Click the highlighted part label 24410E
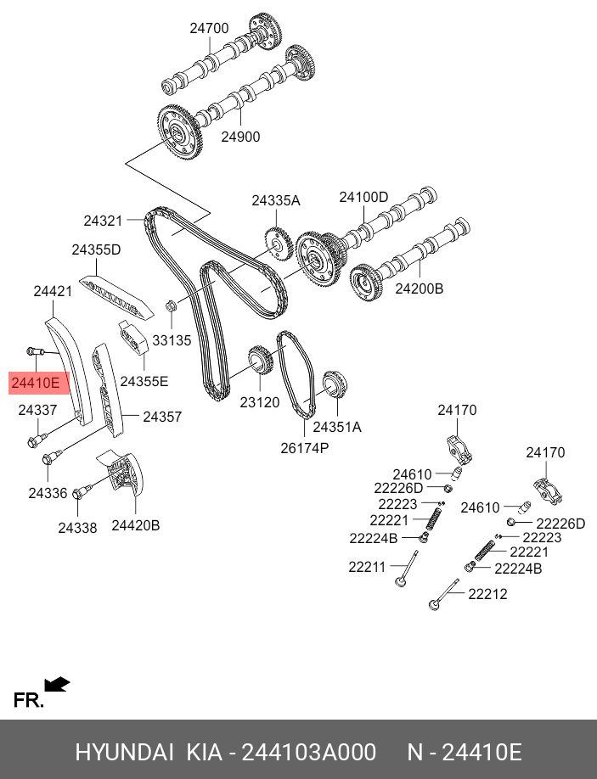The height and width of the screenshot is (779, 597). tap(36, 383)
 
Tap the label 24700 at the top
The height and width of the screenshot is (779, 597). tap(209, 28)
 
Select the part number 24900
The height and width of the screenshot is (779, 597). tap(240, 137)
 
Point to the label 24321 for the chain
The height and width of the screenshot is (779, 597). tap(103, 221)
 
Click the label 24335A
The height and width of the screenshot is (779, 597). tap(276, 201)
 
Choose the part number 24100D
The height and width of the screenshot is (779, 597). tap(363, 197)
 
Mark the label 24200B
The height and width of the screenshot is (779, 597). tap(420, 289)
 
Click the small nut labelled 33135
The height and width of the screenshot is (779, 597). tap(171, 305)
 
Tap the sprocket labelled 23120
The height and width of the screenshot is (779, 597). tap(259, 360)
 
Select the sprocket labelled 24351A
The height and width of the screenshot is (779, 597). tap(335, 384)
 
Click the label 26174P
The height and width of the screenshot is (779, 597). tap(305, 448)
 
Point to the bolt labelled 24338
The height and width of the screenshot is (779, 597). tap(81, 492)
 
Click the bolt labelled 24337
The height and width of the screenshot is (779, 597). tap(37, 440)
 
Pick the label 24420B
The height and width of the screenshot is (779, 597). tap(136, 525)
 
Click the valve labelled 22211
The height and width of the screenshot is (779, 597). tap(407, 569)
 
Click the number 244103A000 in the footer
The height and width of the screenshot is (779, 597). tap(308, 752)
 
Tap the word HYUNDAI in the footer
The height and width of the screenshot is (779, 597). tap(124, 752)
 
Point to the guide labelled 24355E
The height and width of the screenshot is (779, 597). tap(132, 337)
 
